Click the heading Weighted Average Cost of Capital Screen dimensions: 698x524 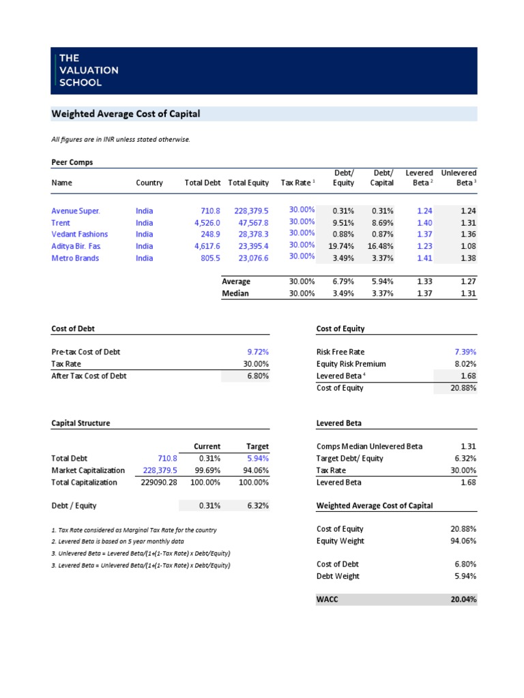coord(126,114)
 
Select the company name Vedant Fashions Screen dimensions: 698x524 coord(79,234)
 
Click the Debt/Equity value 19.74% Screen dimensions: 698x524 coord(340,246)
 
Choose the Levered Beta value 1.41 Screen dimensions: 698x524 coord(424,258)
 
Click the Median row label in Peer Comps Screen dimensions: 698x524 coord(235,294)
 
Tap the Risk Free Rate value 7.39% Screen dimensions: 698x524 coord(465,352)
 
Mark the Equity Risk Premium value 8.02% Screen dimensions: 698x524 coord(465,364)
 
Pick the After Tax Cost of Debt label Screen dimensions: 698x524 coord(89,376)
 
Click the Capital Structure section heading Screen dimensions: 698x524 coord(81,423)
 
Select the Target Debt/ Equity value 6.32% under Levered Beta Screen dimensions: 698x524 coord(465,458)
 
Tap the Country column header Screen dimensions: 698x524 coord(149,183)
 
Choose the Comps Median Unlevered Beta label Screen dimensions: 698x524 coord(369,446)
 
